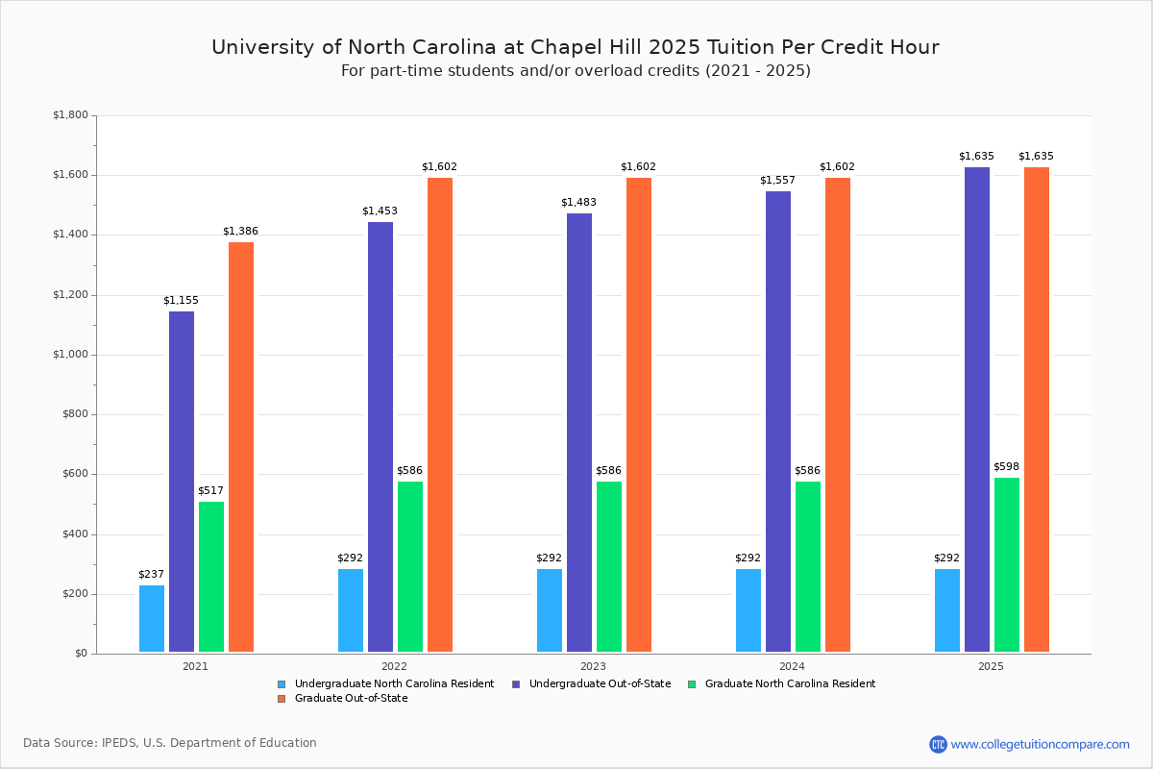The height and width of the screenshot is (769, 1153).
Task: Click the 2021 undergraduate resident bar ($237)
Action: tap(152, 619)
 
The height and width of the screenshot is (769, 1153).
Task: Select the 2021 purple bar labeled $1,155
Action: tap(182, 482)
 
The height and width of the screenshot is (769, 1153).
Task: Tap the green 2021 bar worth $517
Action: tap(211, 577)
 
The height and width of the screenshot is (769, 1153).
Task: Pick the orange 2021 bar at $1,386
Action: tap(241, 447)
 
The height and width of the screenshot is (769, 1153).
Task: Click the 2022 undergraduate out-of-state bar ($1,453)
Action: tap(380, 437)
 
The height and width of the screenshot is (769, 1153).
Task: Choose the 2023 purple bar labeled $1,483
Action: tap(579, 433)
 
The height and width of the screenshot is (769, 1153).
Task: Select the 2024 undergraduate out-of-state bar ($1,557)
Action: tap(778, 422)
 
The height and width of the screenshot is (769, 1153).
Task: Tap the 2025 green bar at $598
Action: tap(1007, 565)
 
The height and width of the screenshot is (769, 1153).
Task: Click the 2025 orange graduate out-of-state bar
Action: tap(1037, 409)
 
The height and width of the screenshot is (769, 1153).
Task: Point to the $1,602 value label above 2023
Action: tap(638, 167)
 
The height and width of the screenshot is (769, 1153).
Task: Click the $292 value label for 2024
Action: tap(748, 558)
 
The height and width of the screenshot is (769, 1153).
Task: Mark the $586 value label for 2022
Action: tap(409, 471)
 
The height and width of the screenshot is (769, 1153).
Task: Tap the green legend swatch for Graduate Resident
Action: tap(693, 684)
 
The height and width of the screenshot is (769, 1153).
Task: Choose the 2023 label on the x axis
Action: tap(593, 666)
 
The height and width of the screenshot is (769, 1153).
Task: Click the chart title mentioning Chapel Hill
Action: tap(576, 48)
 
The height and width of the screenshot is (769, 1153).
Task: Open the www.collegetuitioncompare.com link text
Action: tap(1040, 744)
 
